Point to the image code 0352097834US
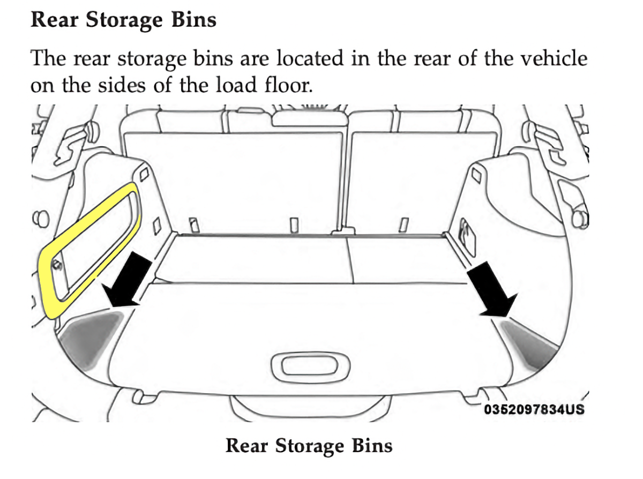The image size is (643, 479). click(x=533, y=410)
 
